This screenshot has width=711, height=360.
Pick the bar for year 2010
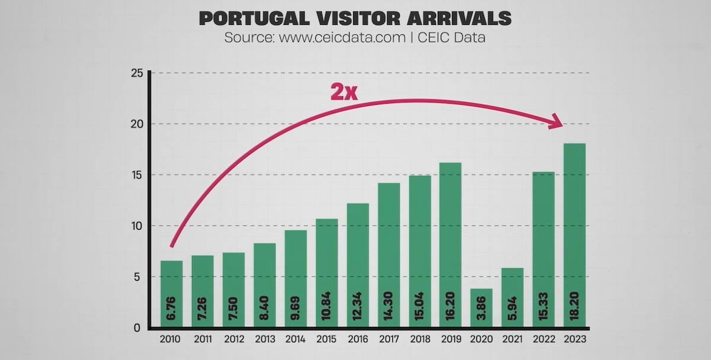(172, 294)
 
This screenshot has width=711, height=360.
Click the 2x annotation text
(344, 92)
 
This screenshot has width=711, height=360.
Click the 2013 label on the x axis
(265, 340)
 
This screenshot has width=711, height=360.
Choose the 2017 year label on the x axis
(389, 340)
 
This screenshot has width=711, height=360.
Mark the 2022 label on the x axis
(544, 340)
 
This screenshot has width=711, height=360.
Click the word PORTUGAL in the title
(251, 18)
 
